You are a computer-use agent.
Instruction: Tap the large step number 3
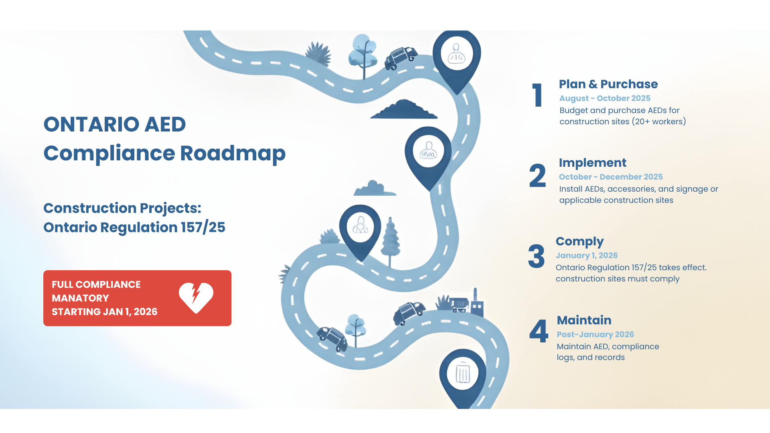click(x=536, y=256)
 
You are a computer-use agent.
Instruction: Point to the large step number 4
click(x=539, y=331)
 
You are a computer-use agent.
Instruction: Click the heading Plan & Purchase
click(x=608, y=84)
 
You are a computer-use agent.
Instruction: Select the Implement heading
click(x=592, y=163)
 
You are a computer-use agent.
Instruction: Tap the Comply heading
click(x=580, y=241)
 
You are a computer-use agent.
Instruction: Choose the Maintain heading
click(x=584, y=320)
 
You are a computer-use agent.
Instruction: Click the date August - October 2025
click(x=605, y=98)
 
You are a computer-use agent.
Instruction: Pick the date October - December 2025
click(x=610, y=177)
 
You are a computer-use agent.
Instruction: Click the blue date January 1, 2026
click(x=586, y=255)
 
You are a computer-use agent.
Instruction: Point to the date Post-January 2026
click(x=595, y=334)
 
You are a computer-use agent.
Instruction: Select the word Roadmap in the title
click(x=233, y=153)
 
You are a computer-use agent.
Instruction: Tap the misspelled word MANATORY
click(x=80, y=298)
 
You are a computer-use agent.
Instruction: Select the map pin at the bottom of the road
click(x=463, y=377)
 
